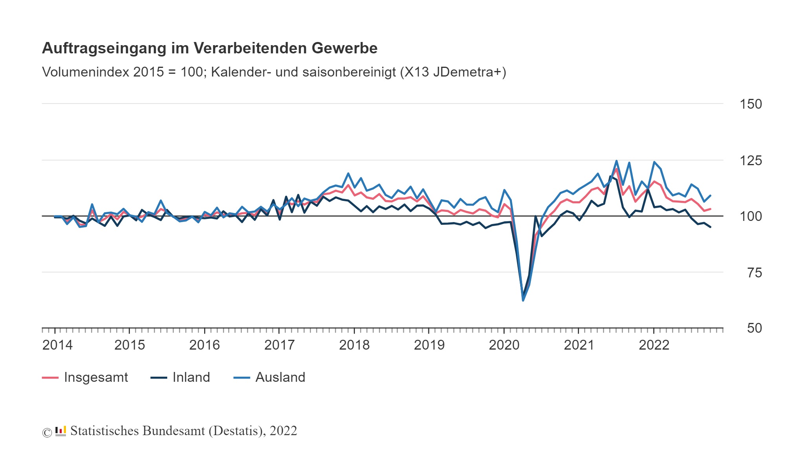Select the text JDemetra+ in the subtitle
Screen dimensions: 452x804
[467, 72]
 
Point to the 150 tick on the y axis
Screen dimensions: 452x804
[750, 104]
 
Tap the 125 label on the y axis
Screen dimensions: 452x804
[750, 160]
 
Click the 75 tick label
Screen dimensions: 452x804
[754, 273]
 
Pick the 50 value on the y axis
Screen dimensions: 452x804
[754, 328]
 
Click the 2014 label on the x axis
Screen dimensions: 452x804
[57, 345]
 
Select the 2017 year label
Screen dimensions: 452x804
[279, 345]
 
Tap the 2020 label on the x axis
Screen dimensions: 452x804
[504, 345]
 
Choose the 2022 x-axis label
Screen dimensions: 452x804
[654, 345]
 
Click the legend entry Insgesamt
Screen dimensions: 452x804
[95, 377]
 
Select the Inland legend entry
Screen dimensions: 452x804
[191, 377]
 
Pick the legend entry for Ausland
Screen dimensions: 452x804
[280, 377]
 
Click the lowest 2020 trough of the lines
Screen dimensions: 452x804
[523, 300]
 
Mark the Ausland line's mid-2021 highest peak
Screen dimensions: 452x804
[616, 161]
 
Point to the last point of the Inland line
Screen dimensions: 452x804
[710, 227]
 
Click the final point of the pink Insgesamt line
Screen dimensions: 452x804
[710, 209]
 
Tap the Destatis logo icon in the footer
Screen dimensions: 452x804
[60, 431]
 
